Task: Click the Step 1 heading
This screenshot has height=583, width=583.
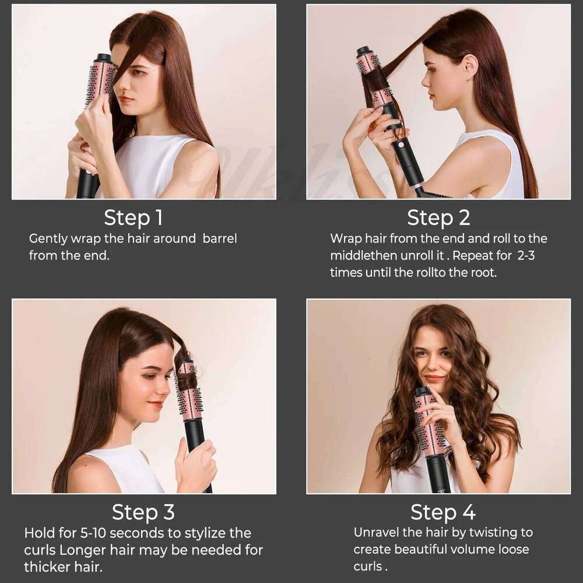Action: point(133,217)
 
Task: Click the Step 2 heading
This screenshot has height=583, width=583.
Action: point(438,217)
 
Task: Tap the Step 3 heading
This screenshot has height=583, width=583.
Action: point(143,512)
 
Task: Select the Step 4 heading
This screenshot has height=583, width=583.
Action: point(442,512)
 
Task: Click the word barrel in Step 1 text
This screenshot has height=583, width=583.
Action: point(219,239)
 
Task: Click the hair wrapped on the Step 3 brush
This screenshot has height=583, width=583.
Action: point(187,382)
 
